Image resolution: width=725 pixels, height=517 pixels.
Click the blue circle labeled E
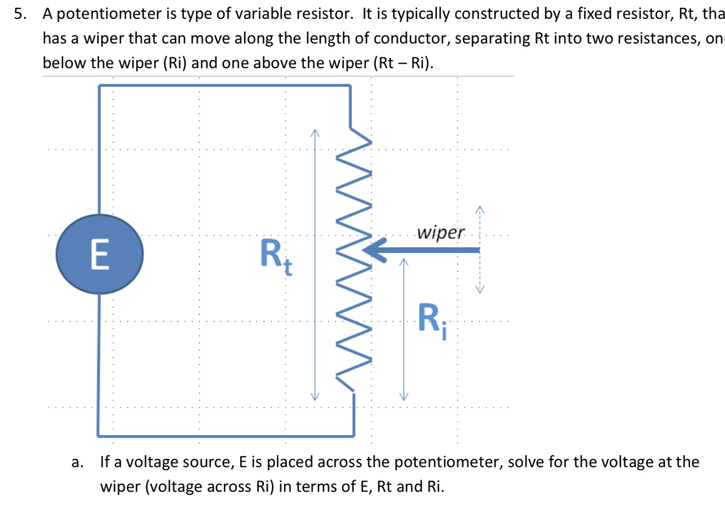coord(100,254)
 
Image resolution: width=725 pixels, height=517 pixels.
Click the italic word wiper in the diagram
coord(441,233)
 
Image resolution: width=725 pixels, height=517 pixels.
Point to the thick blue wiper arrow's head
coord(374,250)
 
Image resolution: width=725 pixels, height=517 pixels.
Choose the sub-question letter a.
coord(76,463)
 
